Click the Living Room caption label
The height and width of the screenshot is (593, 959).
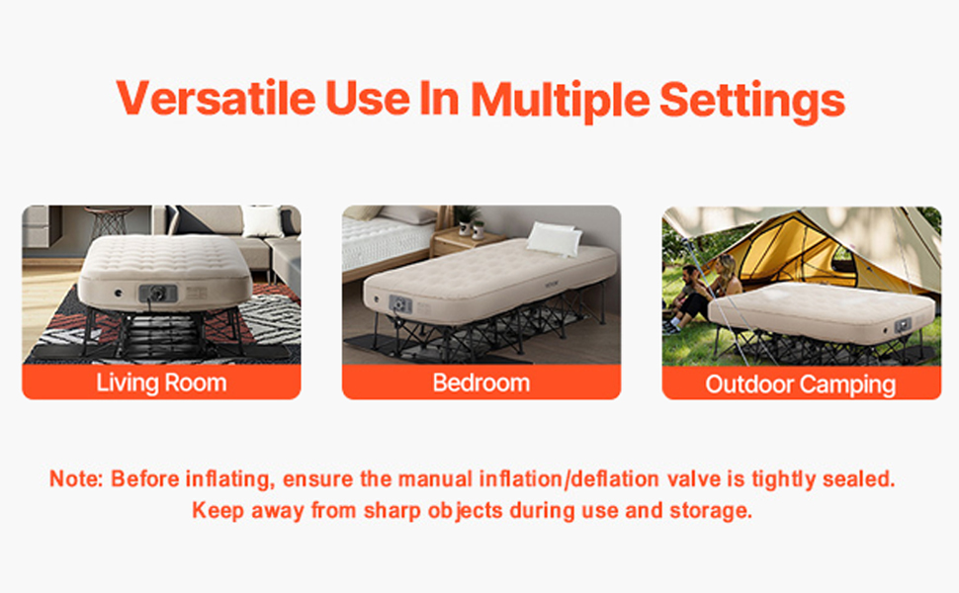(161, 382)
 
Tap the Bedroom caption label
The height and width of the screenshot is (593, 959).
(481, 382)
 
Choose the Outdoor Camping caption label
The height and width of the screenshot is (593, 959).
(801, 383)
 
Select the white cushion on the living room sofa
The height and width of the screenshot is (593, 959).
(263, 221)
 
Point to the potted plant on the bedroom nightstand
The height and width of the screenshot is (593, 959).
(466, 219)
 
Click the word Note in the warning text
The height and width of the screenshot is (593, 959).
(76, 479)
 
